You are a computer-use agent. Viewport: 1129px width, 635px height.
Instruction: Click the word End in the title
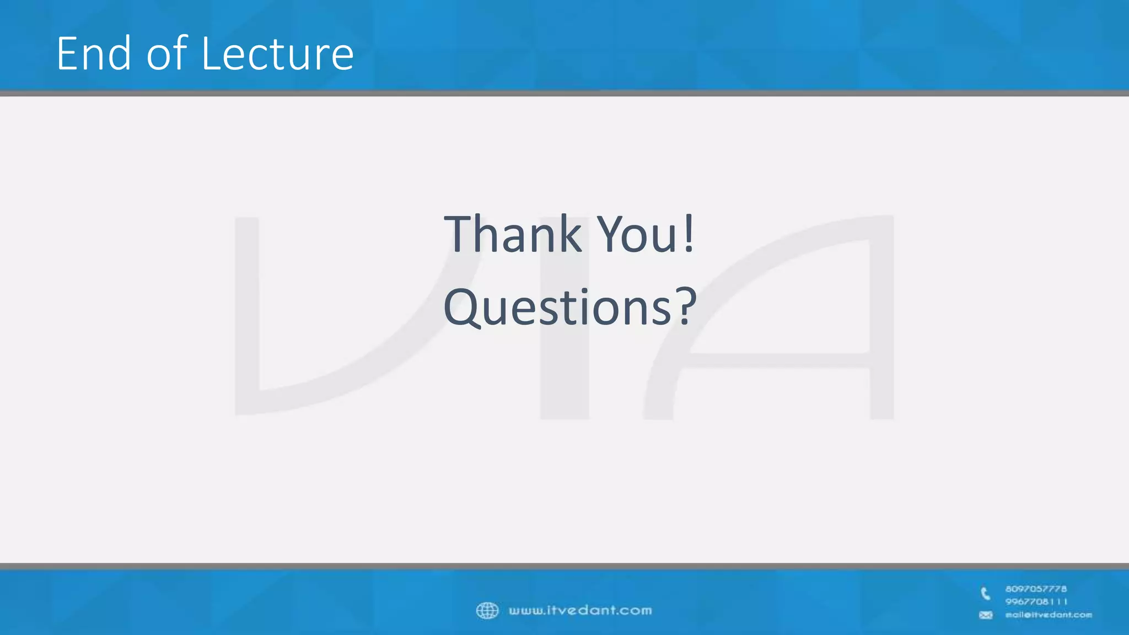(94, 53)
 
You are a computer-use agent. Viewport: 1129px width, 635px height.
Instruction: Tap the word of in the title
(167, 53)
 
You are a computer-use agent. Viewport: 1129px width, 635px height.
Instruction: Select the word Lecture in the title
(277, 53)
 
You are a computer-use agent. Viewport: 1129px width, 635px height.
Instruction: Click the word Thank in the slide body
(513, 234)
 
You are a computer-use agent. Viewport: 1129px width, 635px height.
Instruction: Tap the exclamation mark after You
(689, 234)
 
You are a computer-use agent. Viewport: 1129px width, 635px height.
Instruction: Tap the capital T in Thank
(461, 234)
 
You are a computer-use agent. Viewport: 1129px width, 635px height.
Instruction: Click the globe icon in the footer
(487, 610)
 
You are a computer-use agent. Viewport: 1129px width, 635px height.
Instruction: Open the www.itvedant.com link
(580, 610)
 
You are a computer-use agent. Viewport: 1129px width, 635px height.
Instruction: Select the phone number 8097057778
(1036, 589)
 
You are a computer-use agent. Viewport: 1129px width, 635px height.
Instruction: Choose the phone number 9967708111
(1036, 601)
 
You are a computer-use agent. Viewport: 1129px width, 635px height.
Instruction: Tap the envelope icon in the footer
(986, 615)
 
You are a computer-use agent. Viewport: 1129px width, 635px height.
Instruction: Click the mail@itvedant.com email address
(1049, 615)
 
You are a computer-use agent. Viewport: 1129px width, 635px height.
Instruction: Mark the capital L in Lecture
(211, 53)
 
